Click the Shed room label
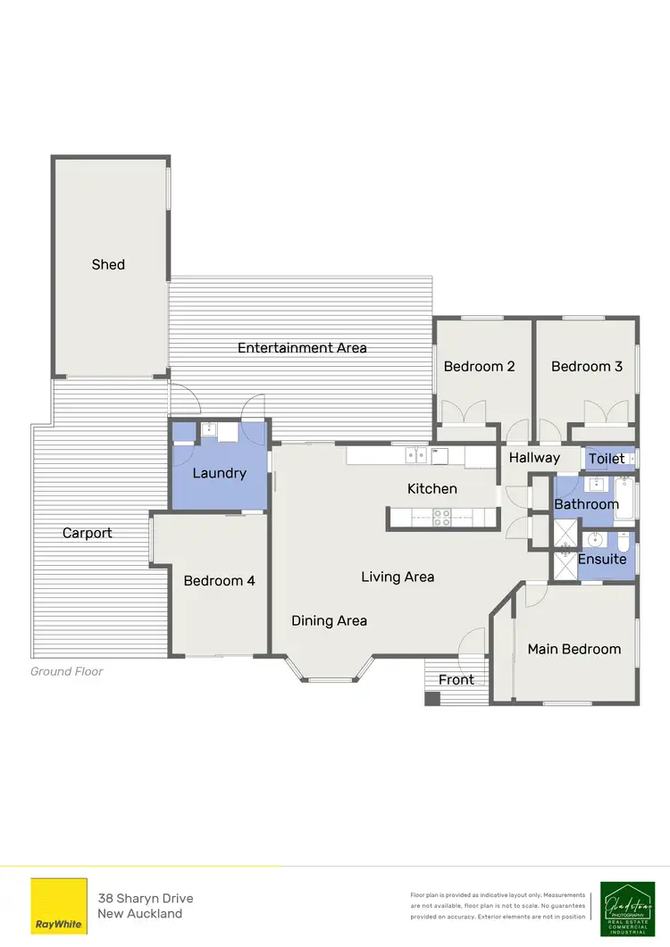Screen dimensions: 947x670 click(108, 264)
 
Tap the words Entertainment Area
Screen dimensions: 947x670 click(302, 348)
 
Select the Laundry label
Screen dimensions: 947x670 click(219, 473)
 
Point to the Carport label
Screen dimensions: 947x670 click(87, 533)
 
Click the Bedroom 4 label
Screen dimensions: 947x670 click(219, 581)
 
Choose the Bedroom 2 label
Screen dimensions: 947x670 click(480, 366)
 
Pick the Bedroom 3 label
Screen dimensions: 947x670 click(586, 366)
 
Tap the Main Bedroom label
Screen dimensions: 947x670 click(574, 649)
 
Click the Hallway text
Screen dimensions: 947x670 click(534, 458)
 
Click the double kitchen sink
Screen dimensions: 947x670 click(415, 455)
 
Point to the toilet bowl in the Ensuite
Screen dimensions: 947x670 click(623, 542)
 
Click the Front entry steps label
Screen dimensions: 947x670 click(456, 680)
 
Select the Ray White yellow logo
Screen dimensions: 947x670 click(59, 907)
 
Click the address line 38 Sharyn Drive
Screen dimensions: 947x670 click(145, 898)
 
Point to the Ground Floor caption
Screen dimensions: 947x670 click(67, 671)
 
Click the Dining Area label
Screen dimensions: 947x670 click(329, 620)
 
